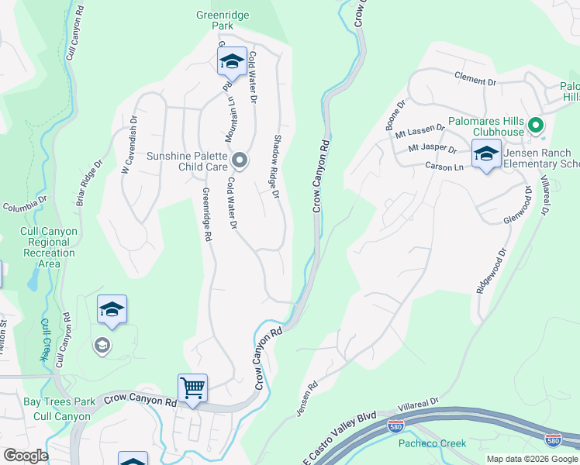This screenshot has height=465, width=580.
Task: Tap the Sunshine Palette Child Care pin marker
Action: [240, 160]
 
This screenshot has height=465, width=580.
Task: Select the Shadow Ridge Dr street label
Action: [275, 166]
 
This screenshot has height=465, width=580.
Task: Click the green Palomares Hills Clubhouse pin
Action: [534, 125]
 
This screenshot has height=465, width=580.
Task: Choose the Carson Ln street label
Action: [444, 166]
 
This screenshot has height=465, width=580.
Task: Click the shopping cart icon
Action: [192, 386]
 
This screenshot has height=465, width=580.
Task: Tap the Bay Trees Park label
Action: [59, 401]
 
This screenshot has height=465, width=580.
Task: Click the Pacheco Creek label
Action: [433, 443]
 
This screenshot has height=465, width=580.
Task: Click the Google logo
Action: [26, 456]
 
